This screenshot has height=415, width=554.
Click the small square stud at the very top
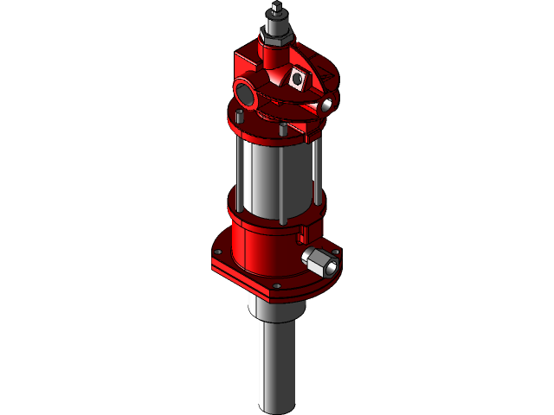coord(276,10)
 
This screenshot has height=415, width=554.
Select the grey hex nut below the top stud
coord(277,34)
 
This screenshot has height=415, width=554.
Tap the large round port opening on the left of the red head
coord(243,91)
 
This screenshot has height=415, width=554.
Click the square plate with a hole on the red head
coord(300,79)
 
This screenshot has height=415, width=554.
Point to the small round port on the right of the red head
coord(328,105)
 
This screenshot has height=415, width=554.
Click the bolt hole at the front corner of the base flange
coord(276,287)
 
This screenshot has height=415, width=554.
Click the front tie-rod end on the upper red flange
coord(282,129)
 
